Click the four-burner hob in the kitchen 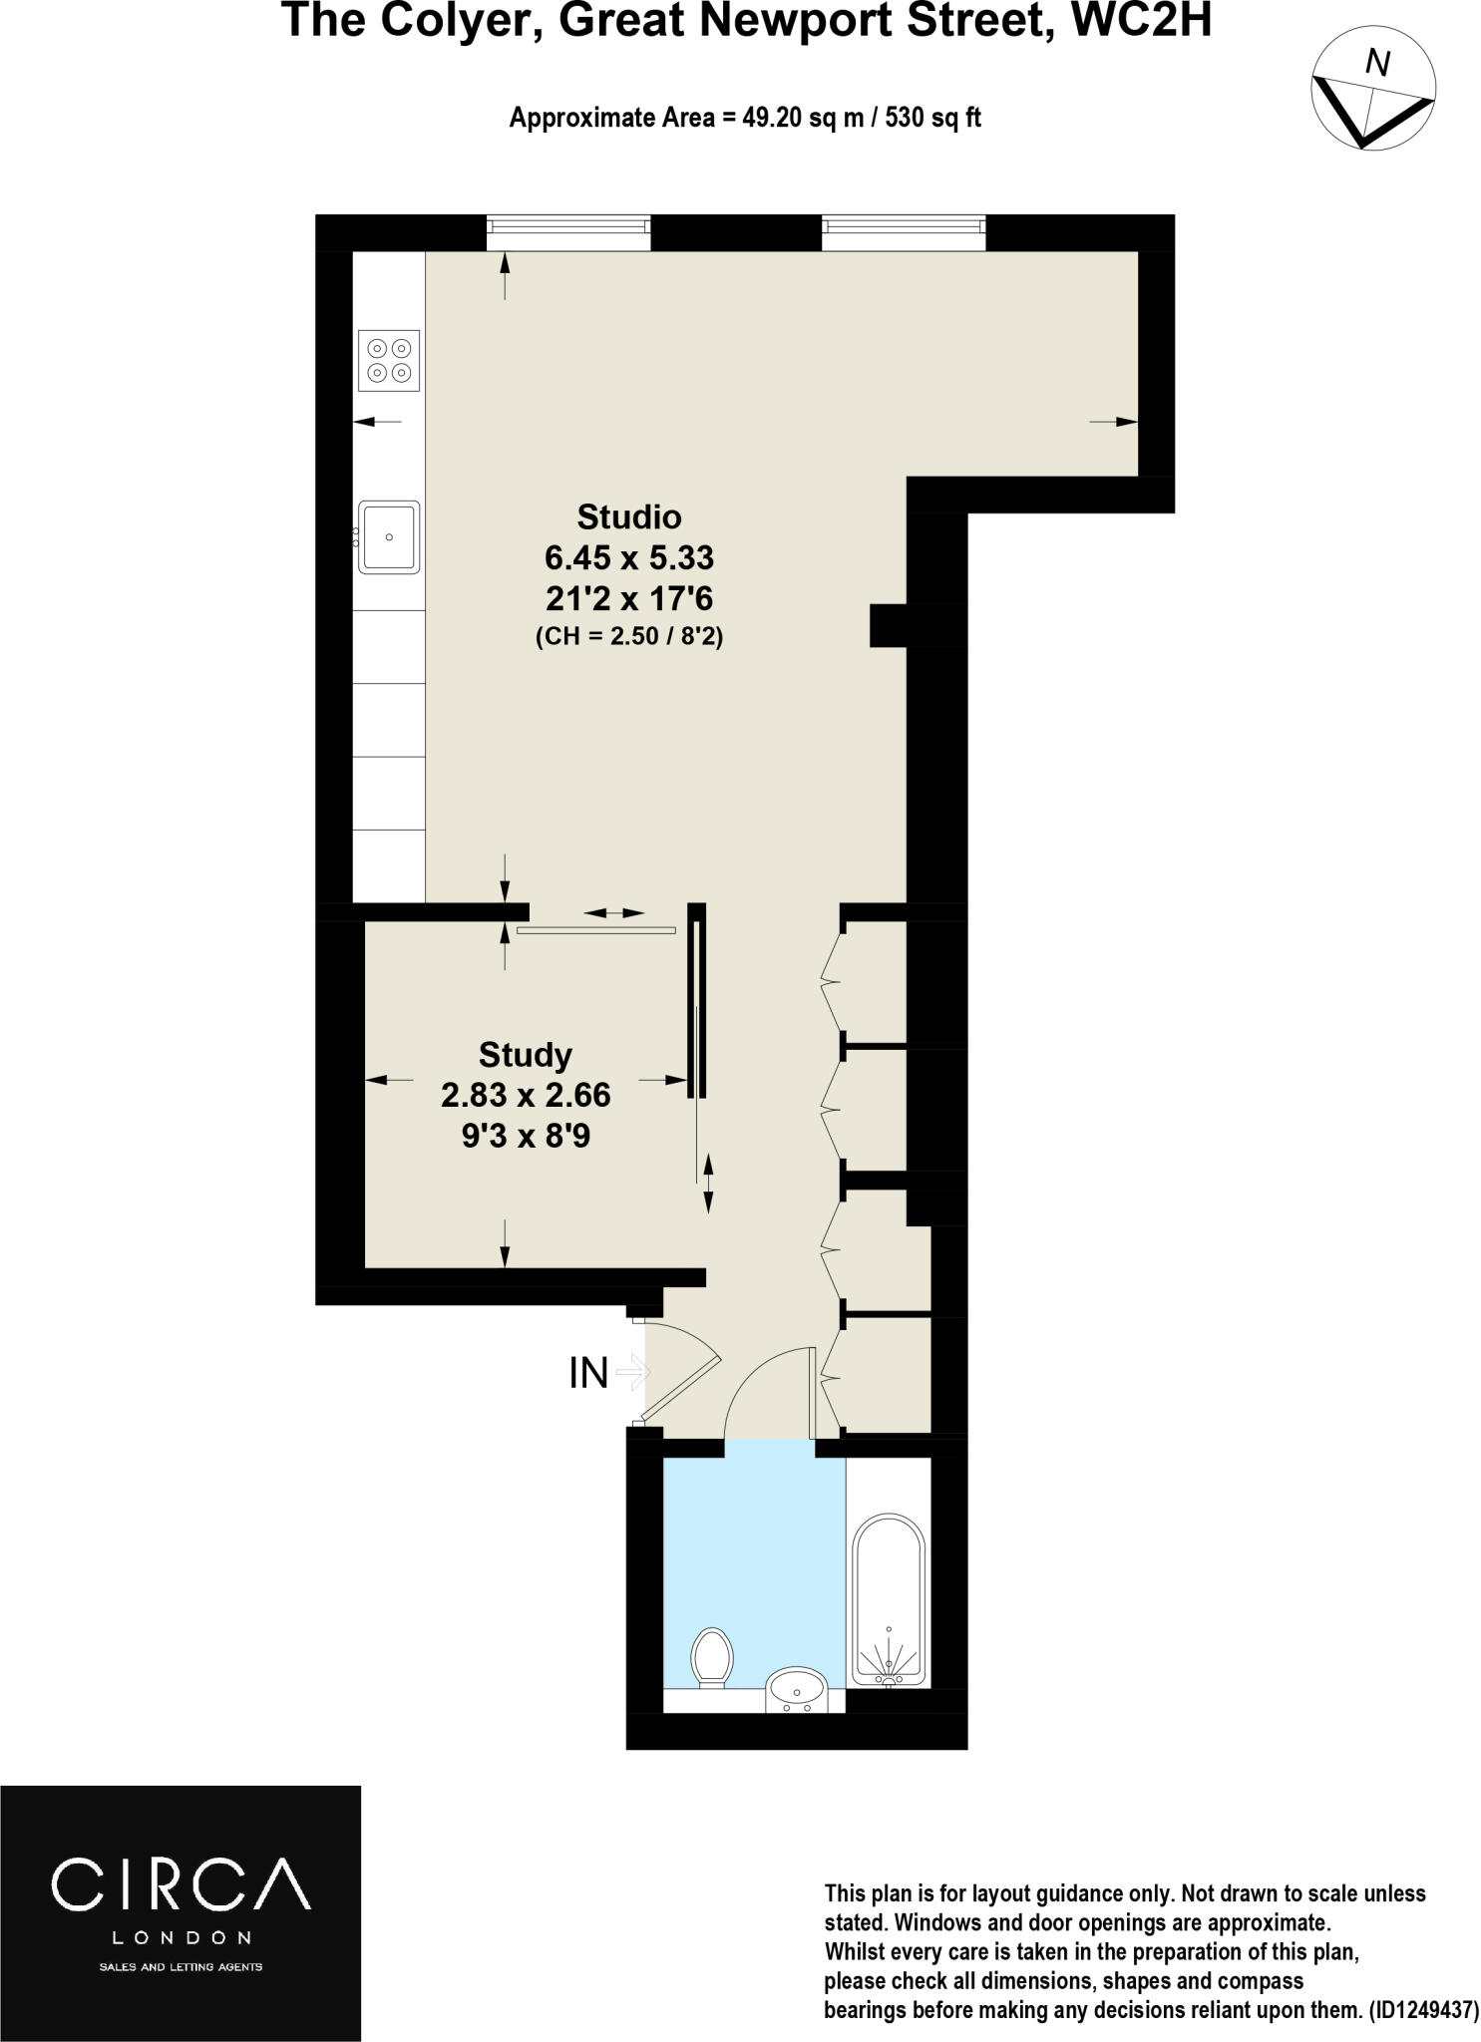click(389, 360)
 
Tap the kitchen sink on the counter click(389, 536)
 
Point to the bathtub click(889, 1600)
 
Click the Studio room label click(629, 516)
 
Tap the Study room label click(525, 1054)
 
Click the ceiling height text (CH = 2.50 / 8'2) click(629, 636)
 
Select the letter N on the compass click(1376, 64)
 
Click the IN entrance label click(588, 1373)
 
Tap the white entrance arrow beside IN click(633, 1373)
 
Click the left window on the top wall click(568, 234)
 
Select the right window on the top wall click(904, 234)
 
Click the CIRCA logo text click(181, 1883)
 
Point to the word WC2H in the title click(1139, 20)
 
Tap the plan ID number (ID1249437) click(1423, 2011)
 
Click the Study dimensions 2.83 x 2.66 click(526, 1095)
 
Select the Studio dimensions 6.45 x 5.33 click(629, 556)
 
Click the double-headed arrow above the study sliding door click(614, 912)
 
